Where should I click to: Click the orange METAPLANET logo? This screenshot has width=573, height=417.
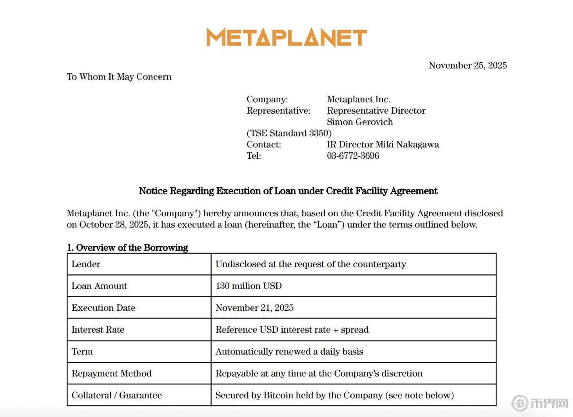pyautogui.click(x=286, y=37)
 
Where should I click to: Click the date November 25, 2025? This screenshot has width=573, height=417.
pyautogui.click(x=468, y=65)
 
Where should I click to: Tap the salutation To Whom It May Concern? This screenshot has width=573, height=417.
pyautogui.click(x=119, y=77)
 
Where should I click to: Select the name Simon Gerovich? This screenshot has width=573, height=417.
pyautogui.click(x=360, y=122)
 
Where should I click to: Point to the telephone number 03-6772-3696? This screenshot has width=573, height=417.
pyautogui.click(x=353, y=156)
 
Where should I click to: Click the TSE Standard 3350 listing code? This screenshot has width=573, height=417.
pyautogui.click(x=289, y=133)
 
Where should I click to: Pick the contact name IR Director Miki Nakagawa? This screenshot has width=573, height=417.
pyautogui.click(x=383, y=145)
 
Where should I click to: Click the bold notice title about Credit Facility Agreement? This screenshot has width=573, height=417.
pyautogui.click(x=288, y=191)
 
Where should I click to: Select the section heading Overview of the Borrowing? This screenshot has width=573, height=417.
pyautogui.click(x=127, y=248)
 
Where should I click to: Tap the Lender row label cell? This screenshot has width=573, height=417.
pyautogui.click(x=139, y=264)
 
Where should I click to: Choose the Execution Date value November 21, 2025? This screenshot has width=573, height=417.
pyautogui.click(x=254, y=308)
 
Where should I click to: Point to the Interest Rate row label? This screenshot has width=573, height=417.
pyautogui.click(x=98, y=330)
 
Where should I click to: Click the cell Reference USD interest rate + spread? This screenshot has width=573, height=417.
pyautogui.click(x=292, y=330)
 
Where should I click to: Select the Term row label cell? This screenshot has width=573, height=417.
pyautogui.click(x=139, y=352)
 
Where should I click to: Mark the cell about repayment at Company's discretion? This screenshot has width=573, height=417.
pyautogui.click(x=319, y=373)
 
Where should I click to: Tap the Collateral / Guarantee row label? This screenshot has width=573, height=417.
pyautogui.click(x=116, y=395)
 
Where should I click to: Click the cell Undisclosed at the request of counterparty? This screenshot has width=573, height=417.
pyautogui.click(x=310, y=264)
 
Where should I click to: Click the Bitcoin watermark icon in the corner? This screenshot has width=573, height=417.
pyautogui.click(x=520, y=403)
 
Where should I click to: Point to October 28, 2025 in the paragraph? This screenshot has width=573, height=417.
pyautogui.click(x=114, y=225)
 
